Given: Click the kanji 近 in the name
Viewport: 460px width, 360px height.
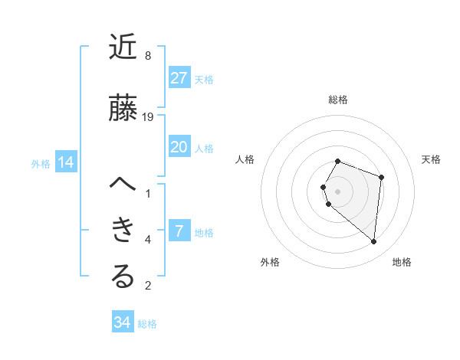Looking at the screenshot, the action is tap(123, 47).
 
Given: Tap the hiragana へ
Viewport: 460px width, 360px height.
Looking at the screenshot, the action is tap(123, 185).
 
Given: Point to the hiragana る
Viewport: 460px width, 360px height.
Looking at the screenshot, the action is tap(123, 277).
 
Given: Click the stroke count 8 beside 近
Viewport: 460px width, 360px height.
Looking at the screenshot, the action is tap(148, 56).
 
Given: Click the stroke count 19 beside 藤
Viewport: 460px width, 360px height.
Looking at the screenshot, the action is tap(148, 117).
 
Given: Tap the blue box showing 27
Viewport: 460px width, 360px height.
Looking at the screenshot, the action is tap(179, 78).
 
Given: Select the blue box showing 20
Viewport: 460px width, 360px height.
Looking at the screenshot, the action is tap(179, 147).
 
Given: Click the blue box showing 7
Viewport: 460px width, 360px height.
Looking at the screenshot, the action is tap(179, 231).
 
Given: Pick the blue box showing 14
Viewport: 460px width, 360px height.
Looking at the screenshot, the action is tap(66, 162).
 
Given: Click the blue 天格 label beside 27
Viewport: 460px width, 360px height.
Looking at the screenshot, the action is tap(204, 80).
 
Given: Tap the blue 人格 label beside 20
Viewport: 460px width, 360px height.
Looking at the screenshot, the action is tap(204, 149).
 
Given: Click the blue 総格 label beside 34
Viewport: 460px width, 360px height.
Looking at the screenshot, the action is tap(147, 324).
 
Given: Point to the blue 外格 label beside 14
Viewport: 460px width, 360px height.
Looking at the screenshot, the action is tap(41, 163).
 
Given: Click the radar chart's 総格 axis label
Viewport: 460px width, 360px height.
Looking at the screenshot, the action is tap(338, 100).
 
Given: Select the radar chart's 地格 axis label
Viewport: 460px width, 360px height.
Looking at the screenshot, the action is tap(402, 263).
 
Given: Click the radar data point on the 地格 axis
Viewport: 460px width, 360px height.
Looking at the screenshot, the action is tap(373, 242).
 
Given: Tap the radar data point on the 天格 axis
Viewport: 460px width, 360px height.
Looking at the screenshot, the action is tap(381, 177).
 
